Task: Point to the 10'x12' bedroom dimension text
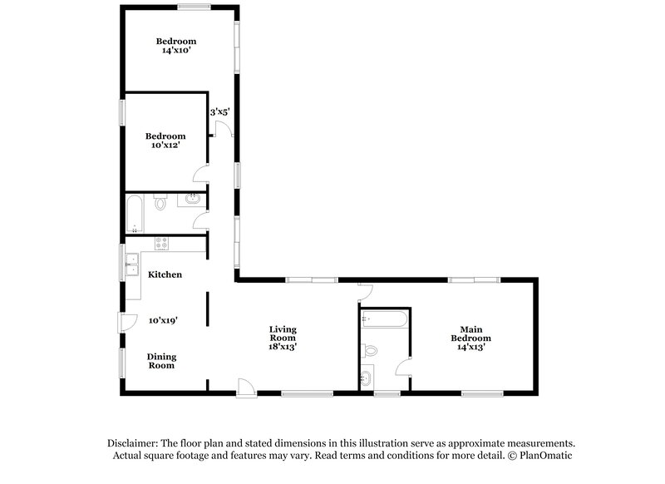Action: (165, 146)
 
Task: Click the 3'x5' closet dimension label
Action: (219, 111)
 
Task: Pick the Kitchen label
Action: (165, 274)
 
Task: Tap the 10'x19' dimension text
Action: (164, 320)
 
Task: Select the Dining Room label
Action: (162, 361)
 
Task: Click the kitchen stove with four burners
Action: (162, 244)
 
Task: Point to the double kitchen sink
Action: (131, 264)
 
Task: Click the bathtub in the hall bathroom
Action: (135, 213)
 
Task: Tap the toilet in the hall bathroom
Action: (161, 201)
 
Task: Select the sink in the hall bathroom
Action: (192, 199)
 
